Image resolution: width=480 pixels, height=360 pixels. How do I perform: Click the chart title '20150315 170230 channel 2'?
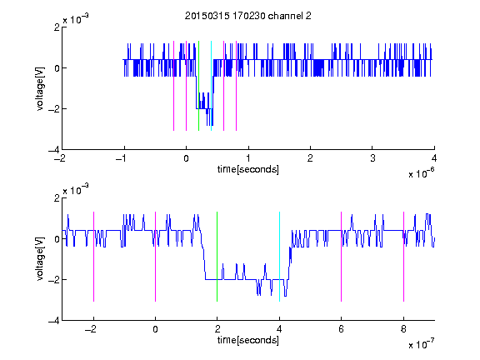click(x=248, y=16)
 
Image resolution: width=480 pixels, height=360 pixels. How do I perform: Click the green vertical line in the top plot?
click(x=198, y=86)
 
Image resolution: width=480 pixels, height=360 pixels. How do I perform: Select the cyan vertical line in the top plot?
click(x=211, y=86)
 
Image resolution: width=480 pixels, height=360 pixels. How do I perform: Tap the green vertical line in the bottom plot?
click(x=217, y=257)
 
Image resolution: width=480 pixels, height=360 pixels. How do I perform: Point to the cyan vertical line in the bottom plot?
click(x=279, y=257)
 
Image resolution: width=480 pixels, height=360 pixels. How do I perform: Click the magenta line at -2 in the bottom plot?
click(x=93, y=257)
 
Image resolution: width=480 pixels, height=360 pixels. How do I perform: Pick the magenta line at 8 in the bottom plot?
click(x=404, y=257)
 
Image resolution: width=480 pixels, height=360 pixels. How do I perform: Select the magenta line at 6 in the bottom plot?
click(x=342, y=257)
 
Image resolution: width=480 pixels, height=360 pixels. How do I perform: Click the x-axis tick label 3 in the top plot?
click(x=372, y=158)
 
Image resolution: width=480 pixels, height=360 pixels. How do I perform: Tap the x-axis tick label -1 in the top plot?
click(x=122, y=158)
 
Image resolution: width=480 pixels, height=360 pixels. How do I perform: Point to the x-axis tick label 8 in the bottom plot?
click(x=404, y=329)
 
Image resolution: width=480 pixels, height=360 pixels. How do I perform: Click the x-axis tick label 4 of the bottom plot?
click(x=279, y=329)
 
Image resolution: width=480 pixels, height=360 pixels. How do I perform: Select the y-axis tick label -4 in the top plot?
click(x=53, y=150)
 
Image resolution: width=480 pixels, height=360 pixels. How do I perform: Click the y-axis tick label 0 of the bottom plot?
click(x=57, y=239)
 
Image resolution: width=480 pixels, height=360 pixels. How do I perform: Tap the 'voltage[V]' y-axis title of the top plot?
click(x=40, y=89)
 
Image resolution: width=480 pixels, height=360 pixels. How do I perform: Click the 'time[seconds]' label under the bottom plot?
click(x=248, y=340)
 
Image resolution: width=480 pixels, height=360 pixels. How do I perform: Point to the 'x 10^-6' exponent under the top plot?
click(x=422, y=173)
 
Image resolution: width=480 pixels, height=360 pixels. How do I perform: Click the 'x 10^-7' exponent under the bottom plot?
click(x=422, y=344)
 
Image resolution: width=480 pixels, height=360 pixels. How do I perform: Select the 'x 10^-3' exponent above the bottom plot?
click(x=76, y=189)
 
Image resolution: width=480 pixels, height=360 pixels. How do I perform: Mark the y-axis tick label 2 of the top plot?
click(x=57, y=27)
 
